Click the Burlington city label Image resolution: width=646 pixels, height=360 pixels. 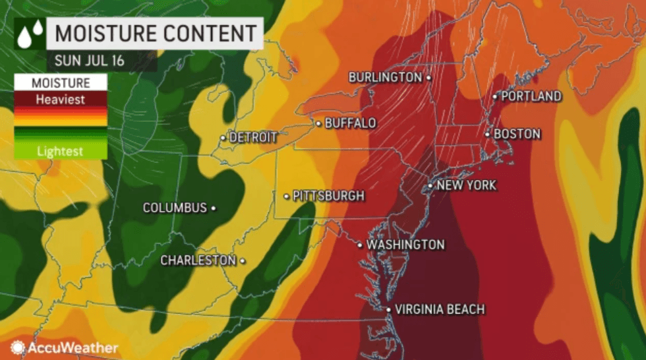385,77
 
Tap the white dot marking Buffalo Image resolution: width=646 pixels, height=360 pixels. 318,123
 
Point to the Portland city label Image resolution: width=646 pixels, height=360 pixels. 531,96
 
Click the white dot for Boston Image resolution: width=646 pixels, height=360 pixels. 488,135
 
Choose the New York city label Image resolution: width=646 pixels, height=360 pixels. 467,185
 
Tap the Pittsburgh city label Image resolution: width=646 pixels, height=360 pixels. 328,196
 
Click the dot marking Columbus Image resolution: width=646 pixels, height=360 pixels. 214,208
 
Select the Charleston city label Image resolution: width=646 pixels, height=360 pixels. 198,260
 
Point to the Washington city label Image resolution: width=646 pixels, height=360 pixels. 405,245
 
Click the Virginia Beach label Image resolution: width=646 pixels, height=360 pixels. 440,309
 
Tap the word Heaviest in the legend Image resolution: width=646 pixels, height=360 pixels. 61,100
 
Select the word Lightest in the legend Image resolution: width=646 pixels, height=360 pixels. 60,151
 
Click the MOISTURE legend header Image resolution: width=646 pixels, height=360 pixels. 60,83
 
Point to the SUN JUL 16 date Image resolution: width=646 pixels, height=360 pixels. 90,61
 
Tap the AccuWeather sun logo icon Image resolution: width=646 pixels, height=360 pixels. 18,347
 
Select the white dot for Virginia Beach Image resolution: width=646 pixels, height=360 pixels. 389,309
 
